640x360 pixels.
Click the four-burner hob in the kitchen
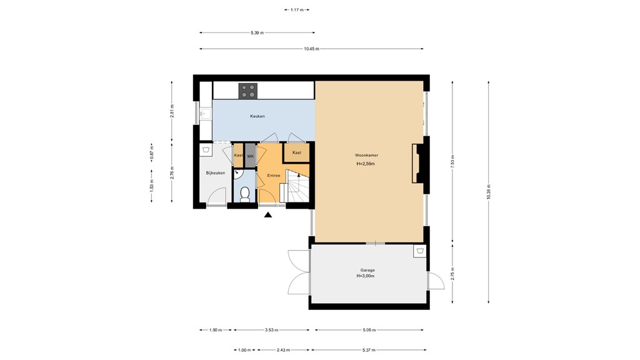tap(248, 91)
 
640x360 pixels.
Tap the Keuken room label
tap(257, 116)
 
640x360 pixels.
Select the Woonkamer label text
tap(366, 155)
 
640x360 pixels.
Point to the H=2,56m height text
tap(366, 164)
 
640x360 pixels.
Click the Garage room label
tap(367, 270)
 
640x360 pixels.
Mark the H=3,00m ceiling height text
tap(367, 276)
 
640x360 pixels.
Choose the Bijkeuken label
tap(216, 173)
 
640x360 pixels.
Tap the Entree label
tap(273, 176)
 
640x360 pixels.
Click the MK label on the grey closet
tap(250, 156)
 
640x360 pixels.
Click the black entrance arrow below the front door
tap(268, 215)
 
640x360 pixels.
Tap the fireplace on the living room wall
tap(417, 162)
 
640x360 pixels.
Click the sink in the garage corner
tap(419, 251)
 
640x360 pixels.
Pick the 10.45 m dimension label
tap(311, 49)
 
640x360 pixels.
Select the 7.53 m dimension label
tap(453, 161)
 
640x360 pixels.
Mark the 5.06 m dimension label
tap(369, 330)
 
